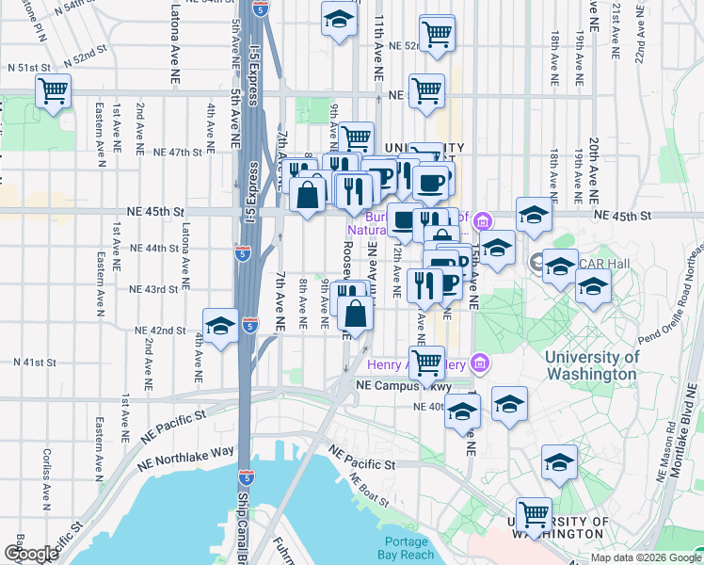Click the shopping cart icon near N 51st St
54,92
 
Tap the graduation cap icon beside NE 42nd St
220,326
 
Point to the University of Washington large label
591,365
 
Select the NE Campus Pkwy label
403,386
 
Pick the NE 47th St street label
177,152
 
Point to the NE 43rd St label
152,289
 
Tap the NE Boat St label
367,490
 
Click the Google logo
31,554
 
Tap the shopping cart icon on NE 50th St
426,91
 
